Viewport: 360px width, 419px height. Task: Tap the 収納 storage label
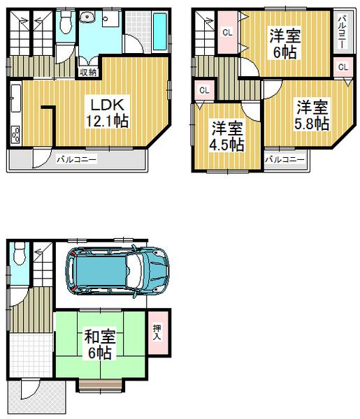pos(87,71)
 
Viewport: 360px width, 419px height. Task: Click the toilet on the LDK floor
pos(66,25)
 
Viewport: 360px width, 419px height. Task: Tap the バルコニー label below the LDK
pos(76,159)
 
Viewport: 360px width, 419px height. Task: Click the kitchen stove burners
pos(16,134)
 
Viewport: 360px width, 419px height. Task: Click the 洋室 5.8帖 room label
pos(311,115)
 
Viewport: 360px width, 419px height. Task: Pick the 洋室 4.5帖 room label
pos(228,136)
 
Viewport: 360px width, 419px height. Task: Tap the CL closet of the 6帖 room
pos(228,32)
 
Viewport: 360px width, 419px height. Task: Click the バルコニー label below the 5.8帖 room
pos(285,159)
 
